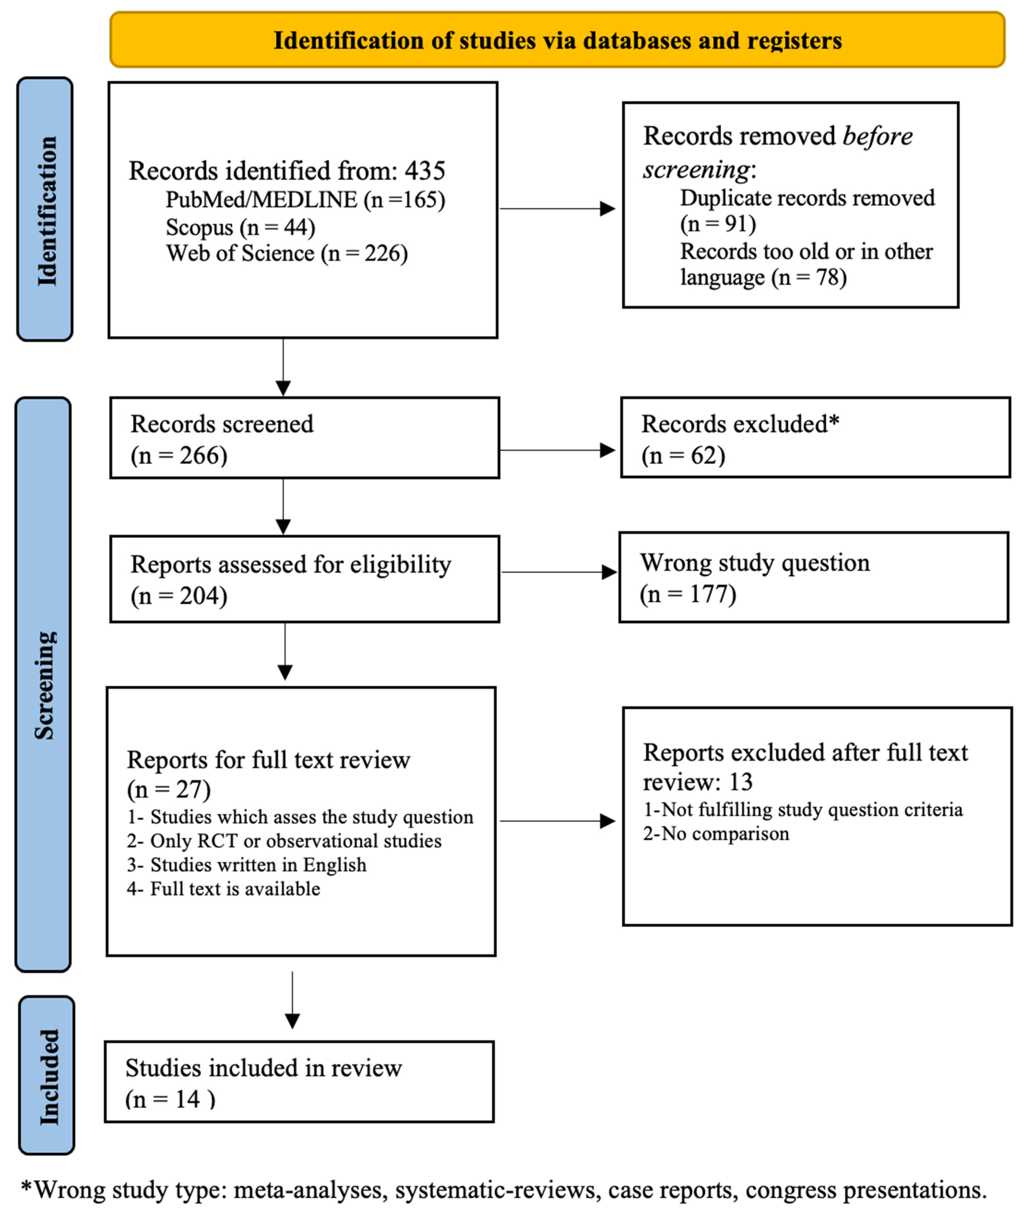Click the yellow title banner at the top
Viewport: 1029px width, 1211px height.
coord(557,40)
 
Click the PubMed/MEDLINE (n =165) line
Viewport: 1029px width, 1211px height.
coord(305,200)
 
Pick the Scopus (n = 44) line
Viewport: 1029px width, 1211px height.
coord(240,227)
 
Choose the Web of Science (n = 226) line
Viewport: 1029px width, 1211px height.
coord(286,253)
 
